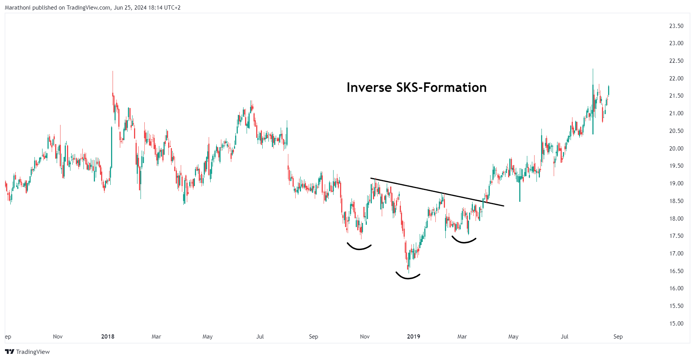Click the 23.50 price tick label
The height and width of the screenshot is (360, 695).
point(676,26)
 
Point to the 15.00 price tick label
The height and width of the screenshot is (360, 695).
point(676,324)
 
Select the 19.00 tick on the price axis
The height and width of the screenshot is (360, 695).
point(676,183)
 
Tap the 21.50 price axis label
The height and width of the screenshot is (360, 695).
point(676,96)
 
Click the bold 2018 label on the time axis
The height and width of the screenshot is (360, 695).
point(108,337)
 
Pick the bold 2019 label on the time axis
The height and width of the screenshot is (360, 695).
point(413,337)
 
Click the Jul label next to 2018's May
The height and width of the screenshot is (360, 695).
point(260,337)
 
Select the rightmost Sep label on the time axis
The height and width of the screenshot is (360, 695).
point(618,337)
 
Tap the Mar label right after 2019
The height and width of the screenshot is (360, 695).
point(462,337)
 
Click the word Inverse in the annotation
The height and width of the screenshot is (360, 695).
point(369,88)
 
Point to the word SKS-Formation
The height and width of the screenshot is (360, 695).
point(441,88)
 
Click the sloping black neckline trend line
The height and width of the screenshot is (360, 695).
point(437,192)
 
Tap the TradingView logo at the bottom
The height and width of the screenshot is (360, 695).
point(27,352)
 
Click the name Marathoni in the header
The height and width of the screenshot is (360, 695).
point(18,8)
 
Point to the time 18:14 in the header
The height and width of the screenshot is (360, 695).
point(155,8)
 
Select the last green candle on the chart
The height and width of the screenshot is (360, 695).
point(608,90)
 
